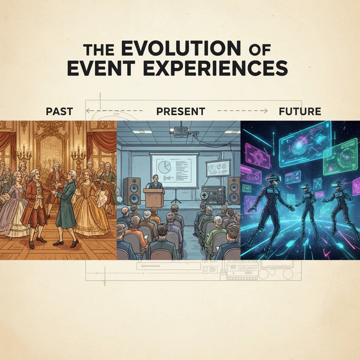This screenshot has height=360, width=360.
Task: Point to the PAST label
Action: tap(59, 111)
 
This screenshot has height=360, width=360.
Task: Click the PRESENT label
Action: tap(180, 111)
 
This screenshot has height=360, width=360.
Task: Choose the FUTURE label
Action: tap(300, 111)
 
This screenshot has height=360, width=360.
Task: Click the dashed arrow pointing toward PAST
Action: tap(114, 111)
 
